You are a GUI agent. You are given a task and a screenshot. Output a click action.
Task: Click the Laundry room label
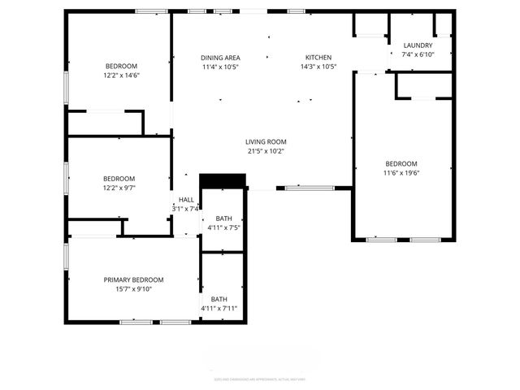click(x=418, y=45)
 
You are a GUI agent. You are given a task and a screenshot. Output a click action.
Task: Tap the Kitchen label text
click(x=318, y=57)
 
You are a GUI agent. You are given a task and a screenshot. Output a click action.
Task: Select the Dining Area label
click(x=220, y=57)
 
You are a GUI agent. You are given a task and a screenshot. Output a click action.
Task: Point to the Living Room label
click(x=266, y=141)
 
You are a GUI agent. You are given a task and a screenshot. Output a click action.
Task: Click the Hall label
click(x=186, y=200)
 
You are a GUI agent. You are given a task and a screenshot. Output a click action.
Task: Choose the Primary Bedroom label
click(x=133, y=279)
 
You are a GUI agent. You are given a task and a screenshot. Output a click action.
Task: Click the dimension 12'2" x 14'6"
click(x=121, y=76)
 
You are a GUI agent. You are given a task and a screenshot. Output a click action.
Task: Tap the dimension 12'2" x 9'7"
click(x=119, y=188)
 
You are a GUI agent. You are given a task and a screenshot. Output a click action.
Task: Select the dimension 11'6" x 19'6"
click(x=401, y=172)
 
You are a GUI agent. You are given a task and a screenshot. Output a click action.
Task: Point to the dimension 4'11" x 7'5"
click(x=223, y=228)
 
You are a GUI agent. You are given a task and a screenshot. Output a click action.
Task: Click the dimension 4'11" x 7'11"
click(x=219, y=309)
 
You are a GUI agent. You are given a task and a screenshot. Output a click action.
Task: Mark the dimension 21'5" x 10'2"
click(x=266, y=150)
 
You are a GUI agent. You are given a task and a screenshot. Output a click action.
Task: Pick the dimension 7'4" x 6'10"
click(x=418, y=54)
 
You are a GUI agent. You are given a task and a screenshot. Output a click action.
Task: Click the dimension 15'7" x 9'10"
click(x=133, y=289)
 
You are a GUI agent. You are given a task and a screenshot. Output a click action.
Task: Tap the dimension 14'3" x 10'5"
click(x=318, y=67)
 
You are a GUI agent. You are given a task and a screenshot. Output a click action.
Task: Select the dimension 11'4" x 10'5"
click(x=220, y=67)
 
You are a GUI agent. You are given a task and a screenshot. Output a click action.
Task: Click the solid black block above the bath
click(x=223, y=180)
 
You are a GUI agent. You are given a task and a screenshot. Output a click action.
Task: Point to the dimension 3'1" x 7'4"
click(x=186, y=209)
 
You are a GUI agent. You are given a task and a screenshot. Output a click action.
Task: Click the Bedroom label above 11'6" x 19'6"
click(x=401, y=163)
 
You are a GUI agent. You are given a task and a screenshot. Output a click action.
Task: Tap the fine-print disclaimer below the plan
click(x=260, y=379)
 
